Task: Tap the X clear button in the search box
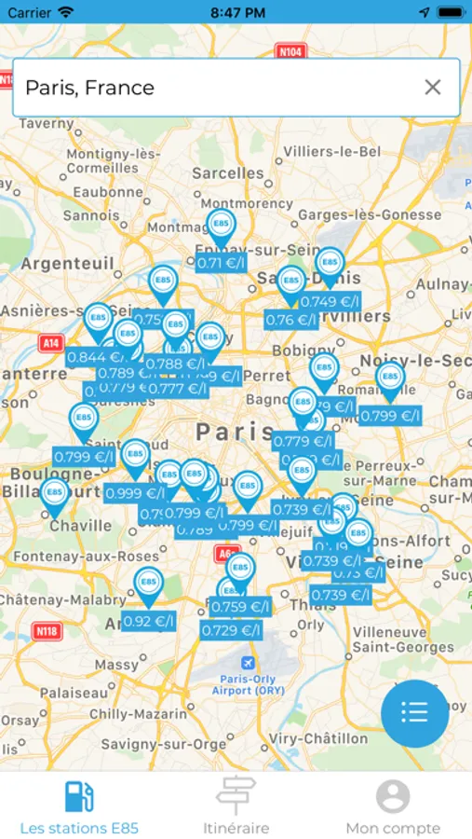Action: [x=432, y=88]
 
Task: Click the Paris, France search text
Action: [x=89, y=88]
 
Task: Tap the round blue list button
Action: [x=414, y=713]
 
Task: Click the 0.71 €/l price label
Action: [x=221, y=263]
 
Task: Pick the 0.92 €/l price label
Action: [x=148, y=621]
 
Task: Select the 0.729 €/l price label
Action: [x=231, y=630]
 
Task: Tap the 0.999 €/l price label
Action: [x=135, y=493]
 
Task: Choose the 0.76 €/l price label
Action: [x=291, y=320]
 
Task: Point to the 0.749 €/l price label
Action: [x=330, y=301]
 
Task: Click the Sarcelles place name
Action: [x=227, y=172]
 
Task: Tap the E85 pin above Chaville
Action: [x=54, y=494]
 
